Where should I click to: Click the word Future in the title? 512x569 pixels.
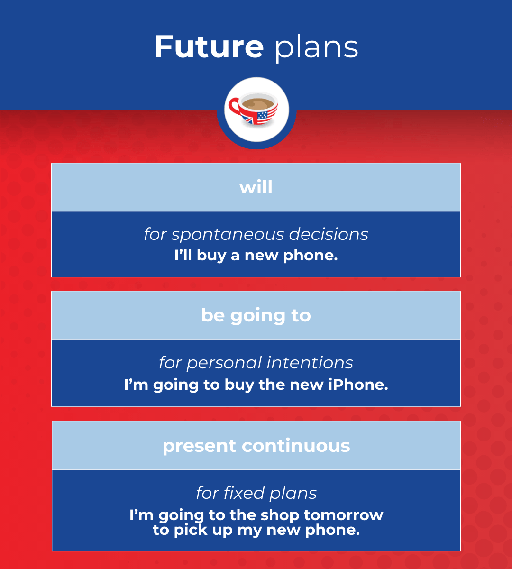click(x=209, y=47)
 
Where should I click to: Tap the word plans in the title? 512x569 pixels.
click(x=316, y=48)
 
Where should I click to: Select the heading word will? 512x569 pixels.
click(x=256, y=187)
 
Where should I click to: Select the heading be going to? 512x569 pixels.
click(x=256, y=316)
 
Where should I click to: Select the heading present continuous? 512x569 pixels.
click(x=256, y=446)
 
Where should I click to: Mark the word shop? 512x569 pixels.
click(x=277, y=515)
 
